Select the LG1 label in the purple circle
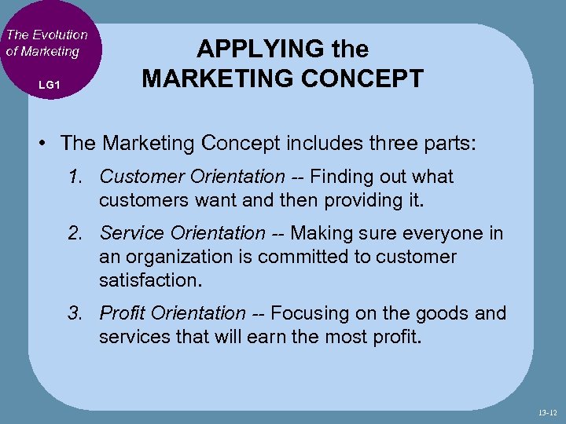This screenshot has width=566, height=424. (x=49, y=84)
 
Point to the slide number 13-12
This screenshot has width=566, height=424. (x=549, y=412)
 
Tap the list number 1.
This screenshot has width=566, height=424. (x=75, y=177)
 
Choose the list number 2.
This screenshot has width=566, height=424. (x=75, y=234)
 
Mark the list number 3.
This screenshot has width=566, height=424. (x=75, y=314)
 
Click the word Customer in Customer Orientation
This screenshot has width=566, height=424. (x=134, y=177)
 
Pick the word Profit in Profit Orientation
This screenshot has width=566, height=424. (x=121, y=314)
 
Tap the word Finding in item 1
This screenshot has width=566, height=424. (x=342, y=177)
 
